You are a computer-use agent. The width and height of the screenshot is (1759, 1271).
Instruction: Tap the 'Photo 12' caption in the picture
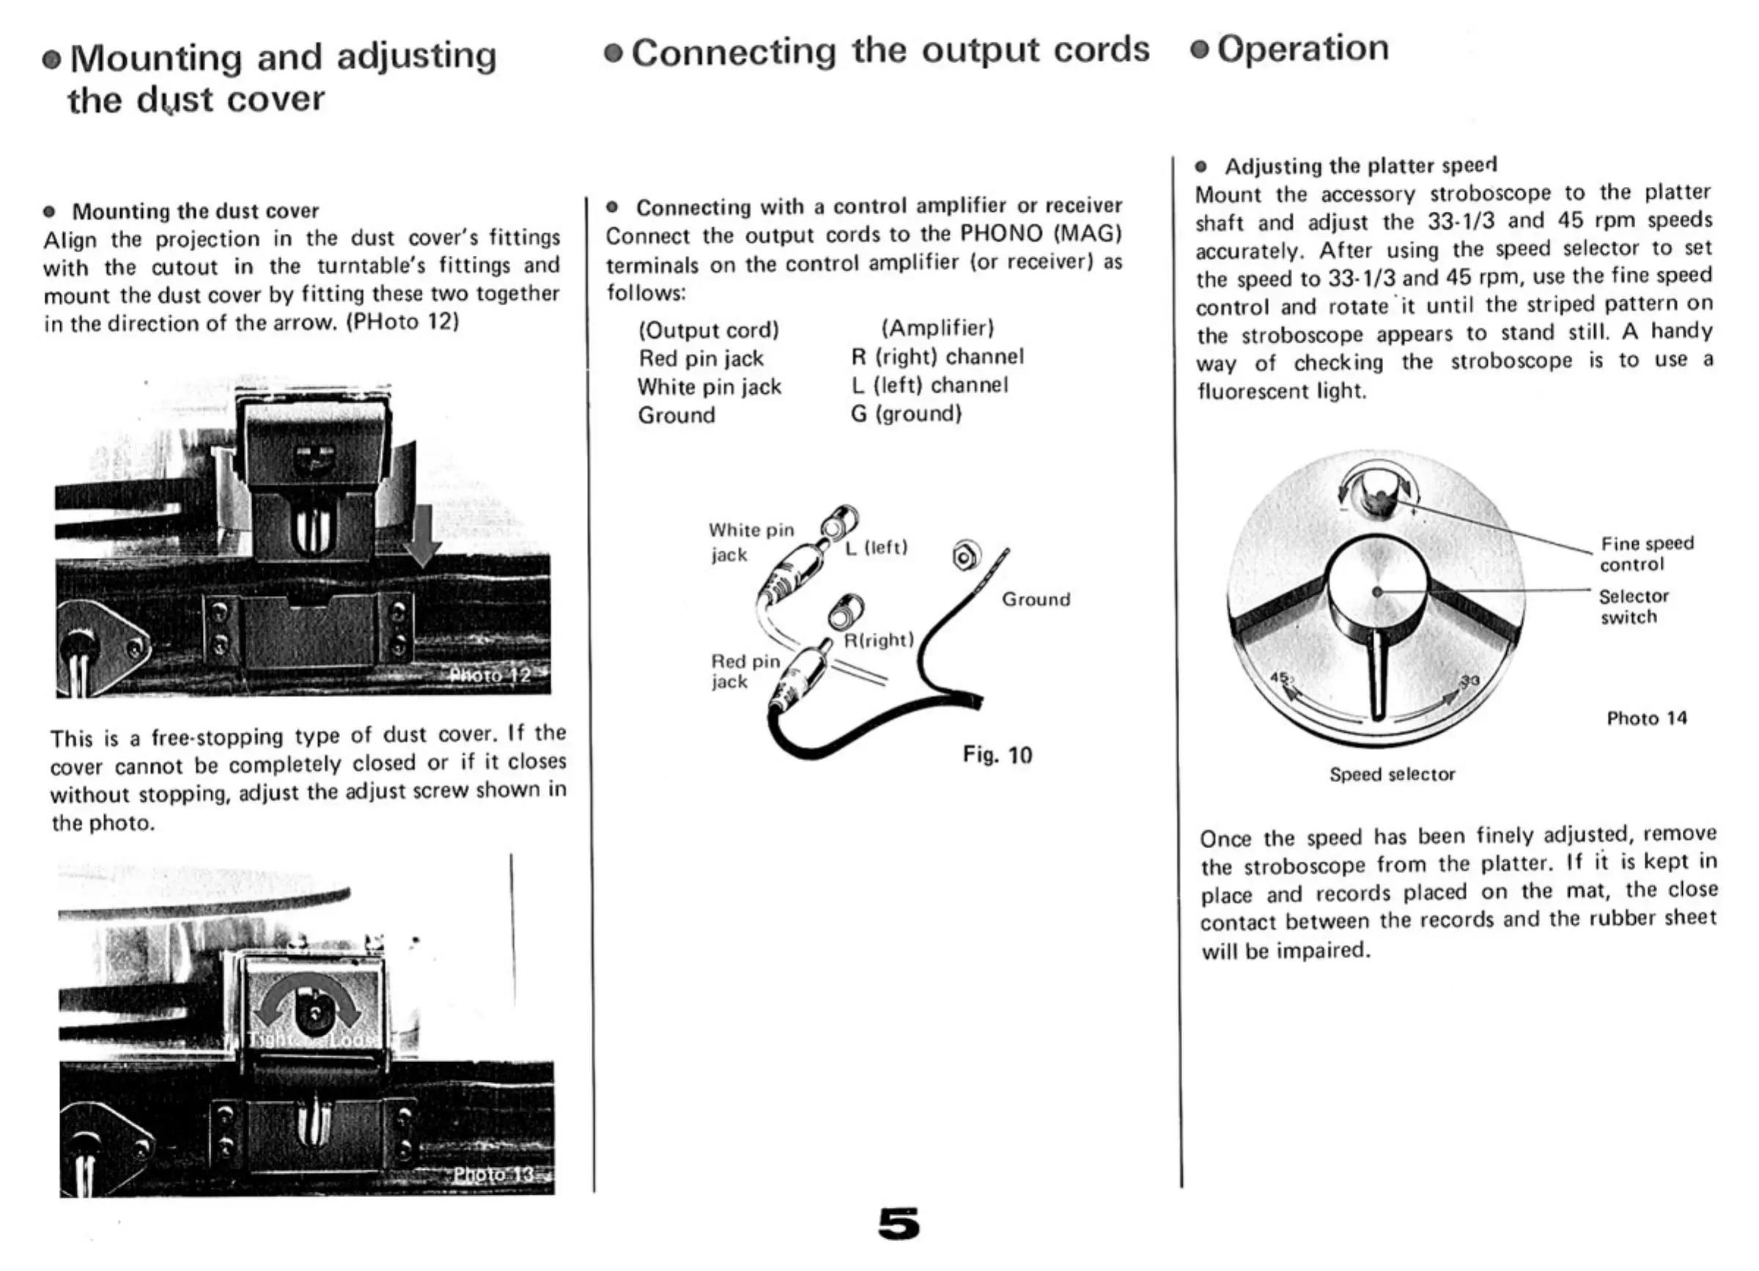490,674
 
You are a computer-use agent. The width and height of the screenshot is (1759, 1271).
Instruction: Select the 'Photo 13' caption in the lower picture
494,1174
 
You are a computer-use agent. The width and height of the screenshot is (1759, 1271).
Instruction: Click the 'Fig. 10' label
997,754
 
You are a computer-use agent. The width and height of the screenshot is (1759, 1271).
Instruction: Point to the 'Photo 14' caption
1646,718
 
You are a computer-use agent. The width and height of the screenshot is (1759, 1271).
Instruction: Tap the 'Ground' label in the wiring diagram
1036,600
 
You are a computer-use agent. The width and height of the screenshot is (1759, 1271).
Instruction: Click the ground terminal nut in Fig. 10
965,556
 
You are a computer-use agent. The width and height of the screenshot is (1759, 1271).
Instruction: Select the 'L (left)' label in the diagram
877,548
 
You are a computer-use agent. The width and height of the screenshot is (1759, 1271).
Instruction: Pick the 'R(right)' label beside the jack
879,640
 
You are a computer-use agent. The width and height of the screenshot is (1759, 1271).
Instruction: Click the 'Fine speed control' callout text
1646,553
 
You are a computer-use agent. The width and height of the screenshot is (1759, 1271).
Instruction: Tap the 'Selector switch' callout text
1633,606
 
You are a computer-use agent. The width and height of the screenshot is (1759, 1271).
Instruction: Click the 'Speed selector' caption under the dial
1392,774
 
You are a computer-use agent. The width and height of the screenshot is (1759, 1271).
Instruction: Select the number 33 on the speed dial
1469,680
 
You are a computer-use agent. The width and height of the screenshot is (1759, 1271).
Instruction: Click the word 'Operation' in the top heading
1302,49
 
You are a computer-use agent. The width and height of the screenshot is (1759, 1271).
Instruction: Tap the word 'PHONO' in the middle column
1001,233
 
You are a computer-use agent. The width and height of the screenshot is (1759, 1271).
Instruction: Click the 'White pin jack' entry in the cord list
709,386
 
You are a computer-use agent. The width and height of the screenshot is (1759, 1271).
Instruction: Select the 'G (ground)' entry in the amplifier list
906,413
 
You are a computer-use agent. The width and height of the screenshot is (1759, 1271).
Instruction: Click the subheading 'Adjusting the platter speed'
1360,166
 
